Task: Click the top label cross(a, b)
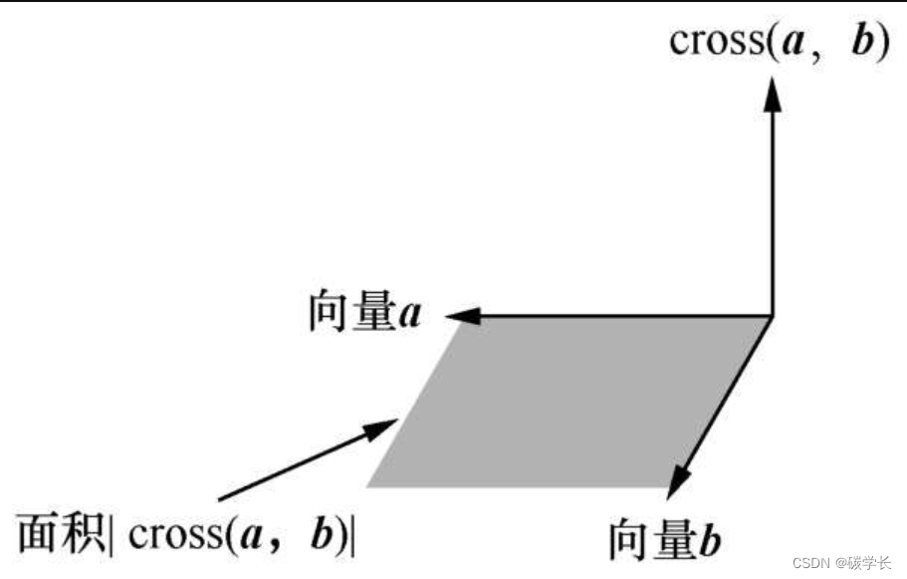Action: (778, 43)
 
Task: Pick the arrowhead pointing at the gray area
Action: (384, 431)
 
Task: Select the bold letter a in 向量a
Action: (409, 316)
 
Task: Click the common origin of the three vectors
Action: (773, 317)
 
